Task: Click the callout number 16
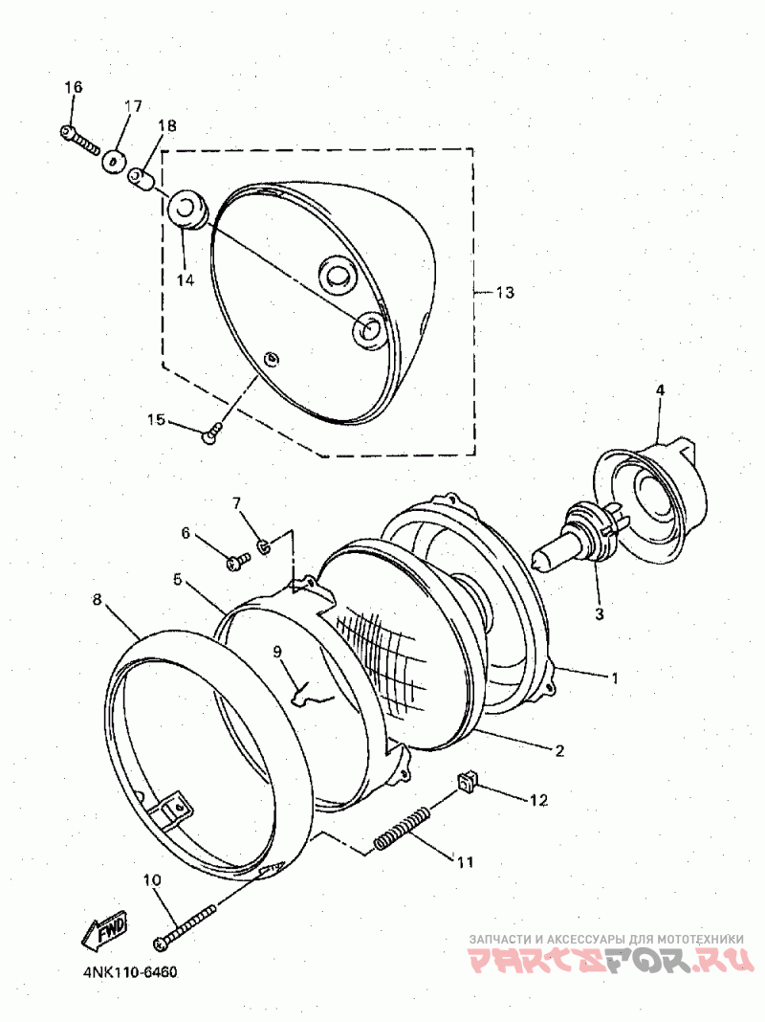tap(74, 87)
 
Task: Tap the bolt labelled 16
tap(80, 139)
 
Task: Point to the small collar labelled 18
tap(142, 178)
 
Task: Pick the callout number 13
tap(505, 293)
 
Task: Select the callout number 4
tap(660, 389)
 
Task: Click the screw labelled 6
tap(235, 563)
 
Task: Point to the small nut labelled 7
tap(263, 546)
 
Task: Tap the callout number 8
tap(98, 600)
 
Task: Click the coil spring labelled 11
tap(402, 828)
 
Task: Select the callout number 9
tap(276, 653)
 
